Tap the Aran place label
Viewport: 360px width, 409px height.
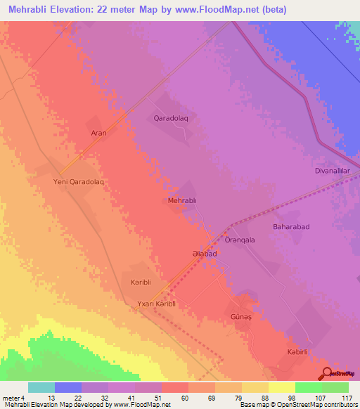coord(98,133)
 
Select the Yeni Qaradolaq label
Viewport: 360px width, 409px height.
coord(79,181)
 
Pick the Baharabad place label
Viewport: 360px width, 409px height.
coord(291,227)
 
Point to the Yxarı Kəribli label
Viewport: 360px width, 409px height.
coord(160,304)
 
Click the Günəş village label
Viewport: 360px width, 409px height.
coord(241,317)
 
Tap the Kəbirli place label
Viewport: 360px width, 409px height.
coord(298,351)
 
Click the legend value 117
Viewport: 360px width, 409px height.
coord(347,398)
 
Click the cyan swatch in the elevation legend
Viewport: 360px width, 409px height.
coord(41,387)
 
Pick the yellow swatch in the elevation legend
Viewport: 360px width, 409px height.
coord(282,387)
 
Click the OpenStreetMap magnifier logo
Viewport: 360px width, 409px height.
coord(327,373)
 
